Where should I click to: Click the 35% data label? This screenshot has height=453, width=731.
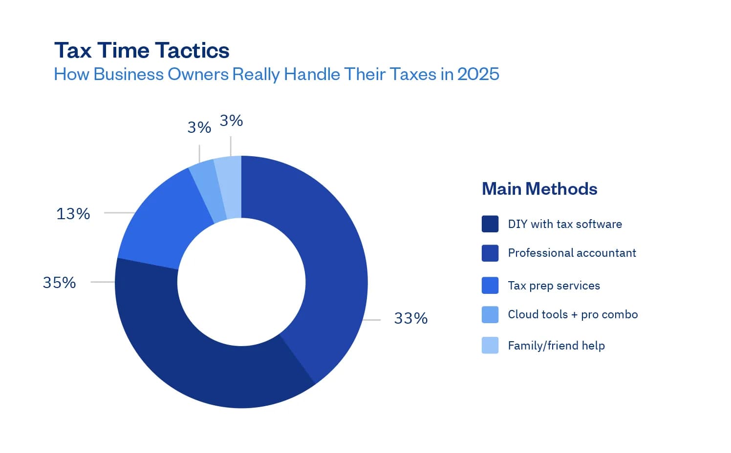coord(59,283)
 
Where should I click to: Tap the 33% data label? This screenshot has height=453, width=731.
coord(410,318)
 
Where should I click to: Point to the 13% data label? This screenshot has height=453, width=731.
coord(73,214)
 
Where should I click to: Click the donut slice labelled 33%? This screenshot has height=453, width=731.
coord(327,254)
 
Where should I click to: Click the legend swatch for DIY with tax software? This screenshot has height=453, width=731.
coord(490,224)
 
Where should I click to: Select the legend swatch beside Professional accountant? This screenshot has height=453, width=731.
coord(490,253)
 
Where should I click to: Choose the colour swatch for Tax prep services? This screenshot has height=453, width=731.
coord(490,286)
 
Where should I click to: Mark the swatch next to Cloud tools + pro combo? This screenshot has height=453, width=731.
coord(490,315)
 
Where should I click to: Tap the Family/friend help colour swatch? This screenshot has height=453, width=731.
coord(490,345)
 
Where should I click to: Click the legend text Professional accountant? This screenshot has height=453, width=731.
coord(572,253)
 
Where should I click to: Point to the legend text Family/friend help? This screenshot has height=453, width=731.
coord(556,346)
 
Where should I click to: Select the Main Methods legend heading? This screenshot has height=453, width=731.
coord(539,189)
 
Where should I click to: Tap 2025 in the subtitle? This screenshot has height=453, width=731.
coord(478,74)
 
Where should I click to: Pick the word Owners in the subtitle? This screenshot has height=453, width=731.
coord(198,74)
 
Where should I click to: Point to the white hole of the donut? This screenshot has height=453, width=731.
coord(241,282)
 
